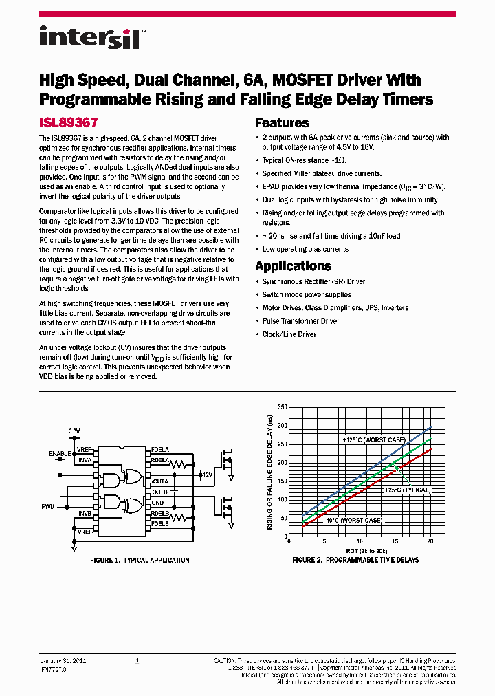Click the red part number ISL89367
(69, 123)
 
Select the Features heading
(282, 123)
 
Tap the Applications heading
(293, 266)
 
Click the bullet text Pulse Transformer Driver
(300, 321)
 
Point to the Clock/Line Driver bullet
(289, 334)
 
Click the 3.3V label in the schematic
(74, 431)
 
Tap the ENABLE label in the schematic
(60, 454)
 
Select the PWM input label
(47, 506)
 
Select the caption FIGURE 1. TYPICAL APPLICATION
(140, 561)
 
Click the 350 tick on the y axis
(282, 407)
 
